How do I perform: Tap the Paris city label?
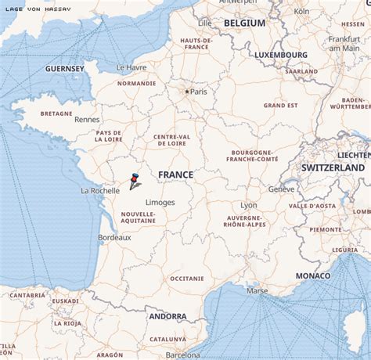click(199, 92)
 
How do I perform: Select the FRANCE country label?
click(175, 175)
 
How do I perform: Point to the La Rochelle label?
click(100, 190)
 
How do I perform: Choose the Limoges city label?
click(160, 203)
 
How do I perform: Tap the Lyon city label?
click(249, 205)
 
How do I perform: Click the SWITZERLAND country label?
click(333, 167)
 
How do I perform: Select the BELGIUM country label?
click(244, 23)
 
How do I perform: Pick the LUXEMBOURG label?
click(280, 55)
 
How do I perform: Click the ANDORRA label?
click(167, 316)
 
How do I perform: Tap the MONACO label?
click(313, 276)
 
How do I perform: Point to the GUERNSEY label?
click(65, 69)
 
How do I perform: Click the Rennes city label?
click(87, 120)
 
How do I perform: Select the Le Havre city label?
click(131, 67)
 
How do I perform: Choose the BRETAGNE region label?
click(56, 113)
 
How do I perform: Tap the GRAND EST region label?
click(280, 105)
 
